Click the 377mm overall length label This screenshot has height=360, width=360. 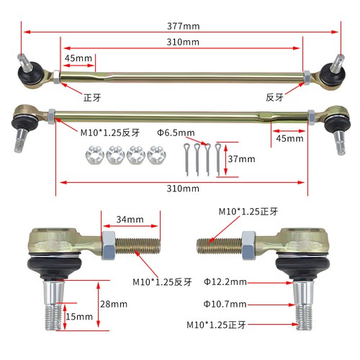pyautogui.click(x=181, y=26)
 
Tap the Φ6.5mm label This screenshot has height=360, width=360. pyautogui.click(x=175, y=133)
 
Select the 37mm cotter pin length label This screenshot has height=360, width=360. pyautogui.click(x=243, y=158)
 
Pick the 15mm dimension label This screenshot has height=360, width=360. pyautogui.click(x=78, y=316)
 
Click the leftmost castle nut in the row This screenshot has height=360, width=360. pyautogui.click(x=94, y=154)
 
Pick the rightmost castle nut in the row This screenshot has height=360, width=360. pyautogui.click(x=154, y=154)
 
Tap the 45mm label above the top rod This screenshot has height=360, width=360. pyautogui.click(x=77, y=58)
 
